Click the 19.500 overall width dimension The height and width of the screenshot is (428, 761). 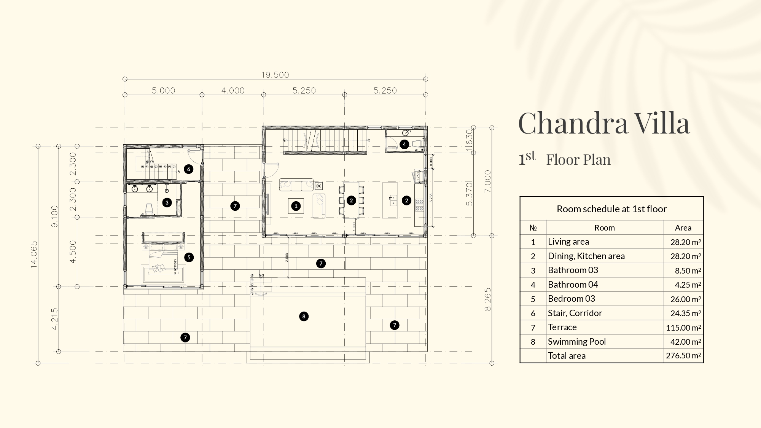coord(275,75)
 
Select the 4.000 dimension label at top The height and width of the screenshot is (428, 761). coord(233,91)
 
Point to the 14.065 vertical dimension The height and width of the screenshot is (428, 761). coord(34,254)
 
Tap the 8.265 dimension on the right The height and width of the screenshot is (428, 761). coord(488,299)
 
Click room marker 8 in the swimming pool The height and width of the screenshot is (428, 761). coord(304,316)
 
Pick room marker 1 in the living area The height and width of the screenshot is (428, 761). coord(296,206)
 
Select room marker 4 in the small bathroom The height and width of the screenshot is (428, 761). coord(404,144)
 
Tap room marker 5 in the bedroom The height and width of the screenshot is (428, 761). coord(189,257)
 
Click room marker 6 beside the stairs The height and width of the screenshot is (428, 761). coord(188,169)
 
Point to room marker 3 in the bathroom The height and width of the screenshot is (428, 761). coord(167,202)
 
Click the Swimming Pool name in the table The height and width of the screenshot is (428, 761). coord(576,342)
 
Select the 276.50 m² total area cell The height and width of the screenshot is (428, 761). coord(683,356)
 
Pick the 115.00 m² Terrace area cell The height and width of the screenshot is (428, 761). coord(683,328)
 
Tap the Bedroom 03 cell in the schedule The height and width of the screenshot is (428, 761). coord(571,299)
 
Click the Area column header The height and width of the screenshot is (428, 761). coord(683,228)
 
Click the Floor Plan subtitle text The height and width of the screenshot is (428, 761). coord(578,160)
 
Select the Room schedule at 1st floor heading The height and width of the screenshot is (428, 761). coord(611,209)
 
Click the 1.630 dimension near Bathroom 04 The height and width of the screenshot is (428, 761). coord(469,140)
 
